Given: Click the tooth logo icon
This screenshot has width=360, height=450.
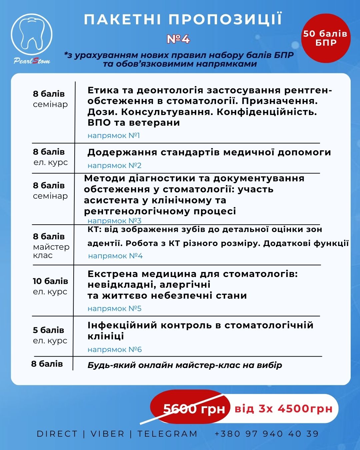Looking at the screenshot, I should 32,33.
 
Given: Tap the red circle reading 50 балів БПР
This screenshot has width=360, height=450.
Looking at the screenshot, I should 325,38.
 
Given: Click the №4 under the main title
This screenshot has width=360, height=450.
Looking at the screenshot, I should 178,39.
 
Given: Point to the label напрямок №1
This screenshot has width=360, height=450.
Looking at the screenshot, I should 114,136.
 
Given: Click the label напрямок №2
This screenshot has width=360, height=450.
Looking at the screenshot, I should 114,166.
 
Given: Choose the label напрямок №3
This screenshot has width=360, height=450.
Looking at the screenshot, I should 114,221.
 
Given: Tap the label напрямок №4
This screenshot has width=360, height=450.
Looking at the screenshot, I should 115,256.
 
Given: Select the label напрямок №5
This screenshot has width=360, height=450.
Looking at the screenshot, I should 114,309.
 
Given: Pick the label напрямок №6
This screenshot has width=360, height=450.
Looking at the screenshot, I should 115,350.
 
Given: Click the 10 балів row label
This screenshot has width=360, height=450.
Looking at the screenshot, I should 50,281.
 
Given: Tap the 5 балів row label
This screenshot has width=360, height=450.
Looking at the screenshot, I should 49,330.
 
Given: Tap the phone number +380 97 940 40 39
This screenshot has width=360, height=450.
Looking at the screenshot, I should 267,434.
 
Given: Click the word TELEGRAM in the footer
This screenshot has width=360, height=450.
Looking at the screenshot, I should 167,434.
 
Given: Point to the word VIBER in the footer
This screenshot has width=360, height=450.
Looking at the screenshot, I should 107,434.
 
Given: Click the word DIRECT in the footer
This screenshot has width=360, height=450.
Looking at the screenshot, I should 57,434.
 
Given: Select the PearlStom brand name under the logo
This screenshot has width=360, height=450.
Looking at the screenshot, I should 32,61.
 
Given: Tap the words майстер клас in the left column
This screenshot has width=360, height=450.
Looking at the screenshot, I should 51,251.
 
